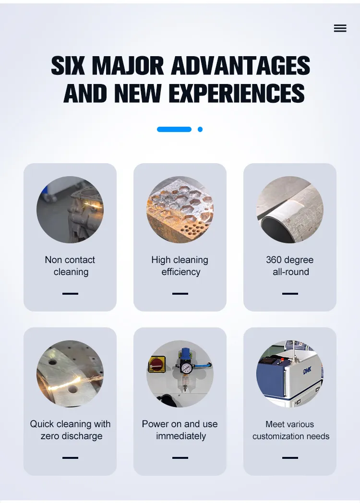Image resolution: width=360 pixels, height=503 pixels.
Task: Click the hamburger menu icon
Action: pyautogui.click(x=340, y=28)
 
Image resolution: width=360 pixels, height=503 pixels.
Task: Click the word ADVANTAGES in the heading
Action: pyautogui.click(x=240, y=66)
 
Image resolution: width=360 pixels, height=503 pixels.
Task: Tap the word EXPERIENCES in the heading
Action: pyautogui.click(x=237, y=93)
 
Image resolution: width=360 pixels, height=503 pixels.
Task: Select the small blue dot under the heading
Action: pyautogui.click(x=200, y=129)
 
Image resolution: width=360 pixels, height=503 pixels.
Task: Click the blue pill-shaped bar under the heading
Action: pyautogui.click(x=174, y=129)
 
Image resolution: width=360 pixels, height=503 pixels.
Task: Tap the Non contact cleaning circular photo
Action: pyautogui.click(x=70, y=209)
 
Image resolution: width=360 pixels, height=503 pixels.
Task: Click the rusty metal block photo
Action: pyautogui.click(x=180, y=209)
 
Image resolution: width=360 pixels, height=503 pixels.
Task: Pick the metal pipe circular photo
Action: pyautogui.click(x=290, y=209)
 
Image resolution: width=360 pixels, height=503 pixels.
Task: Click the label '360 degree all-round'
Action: pyautogui.click(x=290, y=265)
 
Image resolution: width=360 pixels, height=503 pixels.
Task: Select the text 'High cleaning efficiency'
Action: pyautogui.click(x=180, y=265)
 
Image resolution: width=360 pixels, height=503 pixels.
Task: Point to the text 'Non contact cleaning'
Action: pyautogui.click(x=70, y=265)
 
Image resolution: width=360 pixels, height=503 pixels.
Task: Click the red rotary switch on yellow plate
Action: pyautogui.click(x=157, y=364)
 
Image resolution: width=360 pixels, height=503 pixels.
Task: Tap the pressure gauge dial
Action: pyautogui.click(x=185, y=368)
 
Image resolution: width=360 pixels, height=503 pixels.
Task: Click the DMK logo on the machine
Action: pyautogui.click(x=307, y=371)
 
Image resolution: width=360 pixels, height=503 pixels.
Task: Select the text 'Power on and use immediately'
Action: pyautogui.click(x=180, y=430)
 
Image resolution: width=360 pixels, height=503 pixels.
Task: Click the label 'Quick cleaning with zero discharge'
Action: pyautogui.click(x=70, y=430)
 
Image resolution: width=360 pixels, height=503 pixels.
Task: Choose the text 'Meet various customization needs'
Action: pyautogui.click(x=291, y=430)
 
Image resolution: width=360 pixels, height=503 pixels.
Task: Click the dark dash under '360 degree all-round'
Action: pyautogui.click(x=290, y=294)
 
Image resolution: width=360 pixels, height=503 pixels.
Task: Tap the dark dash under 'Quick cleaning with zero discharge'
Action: pyautogui.click(x=70, y=458)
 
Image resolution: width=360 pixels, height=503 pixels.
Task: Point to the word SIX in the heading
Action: pyautogui.click(x=67, y=66)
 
